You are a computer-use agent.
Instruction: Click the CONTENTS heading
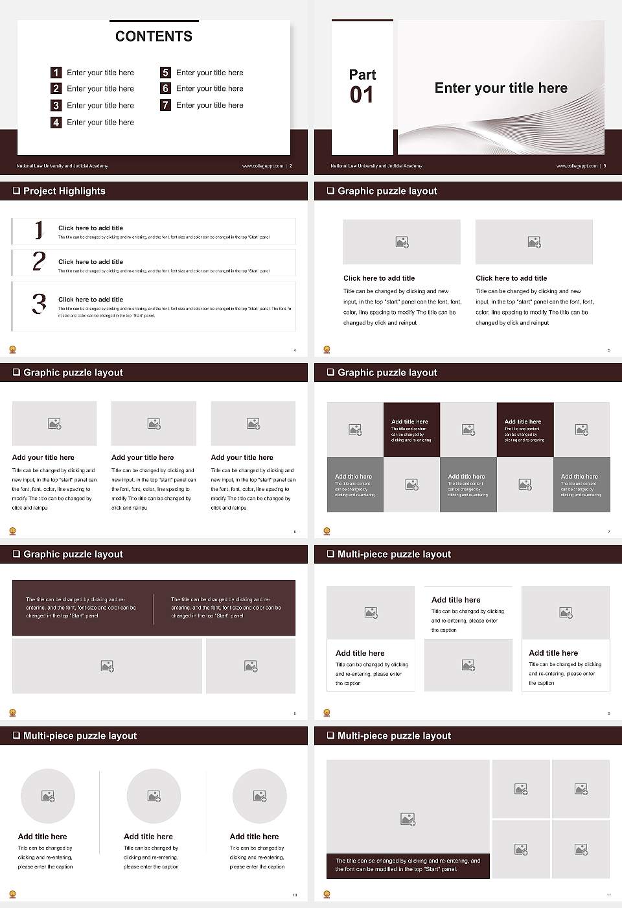pos(154,36)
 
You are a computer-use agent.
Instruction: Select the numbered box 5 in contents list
pos(165,73)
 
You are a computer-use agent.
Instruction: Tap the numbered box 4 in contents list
pos(56,122)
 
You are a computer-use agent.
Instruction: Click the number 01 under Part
pos(362,95)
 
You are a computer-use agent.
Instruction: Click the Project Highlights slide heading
pos(64,191)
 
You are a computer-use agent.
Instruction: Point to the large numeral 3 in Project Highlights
pos(39,304)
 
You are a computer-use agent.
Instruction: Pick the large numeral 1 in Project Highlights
pos(39,230)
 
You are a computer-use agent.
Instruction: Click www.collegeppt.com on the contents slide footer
pos(262,166)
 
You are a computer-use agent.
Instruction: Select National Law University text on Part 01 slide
pos(376,166)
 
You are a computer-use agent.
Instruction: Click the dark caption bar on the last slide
pos(408,865)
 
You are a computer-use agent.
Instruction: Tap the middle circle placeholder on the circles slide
pos(154,796)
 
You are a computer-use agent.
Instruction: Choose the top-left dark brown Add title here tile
pos(411,430)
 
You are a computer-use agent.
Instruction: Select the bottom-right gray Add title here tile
pos(581,484)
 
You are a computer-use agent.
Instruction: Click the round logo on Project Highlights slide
pos(12,350)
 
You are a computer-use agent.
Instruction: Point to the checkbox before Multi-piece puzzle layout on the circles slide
pos(16,735)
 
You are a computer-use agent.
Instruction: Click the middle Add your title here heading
pos(143,457)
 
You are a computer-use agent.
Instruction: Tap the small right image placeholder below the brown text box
pos(251,666)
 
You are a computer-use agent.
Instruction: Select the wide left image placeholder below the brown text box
pos(107,666)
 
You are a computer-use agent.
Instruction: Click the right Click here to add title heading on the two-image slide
pos(511,278)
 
